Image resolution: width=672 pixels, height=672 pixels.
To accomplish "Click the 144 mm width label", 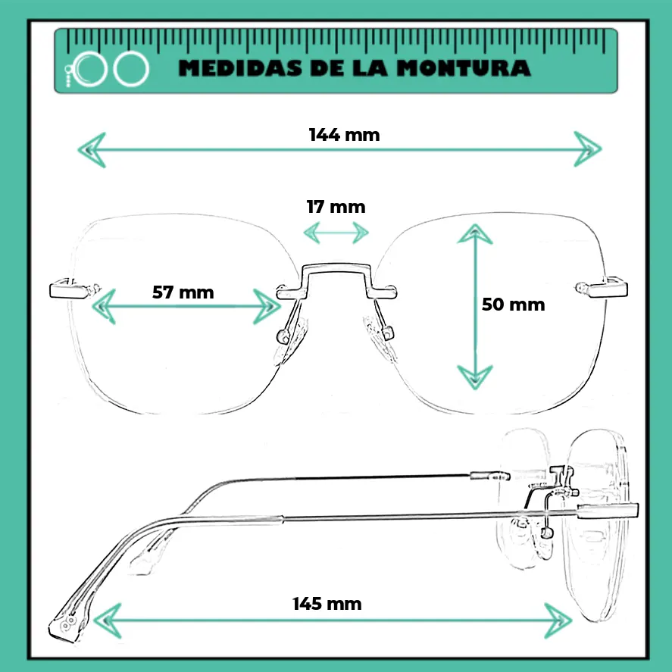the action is point(344,135).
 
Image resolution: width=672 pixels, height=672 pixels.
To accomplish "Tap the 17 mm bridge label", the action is point(336,207).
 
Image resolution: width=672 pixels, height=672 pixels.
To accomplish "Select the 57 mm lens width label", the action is point(183,292).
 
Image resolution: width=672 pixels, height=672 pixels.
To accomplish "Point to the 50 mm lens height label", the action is point(514,305).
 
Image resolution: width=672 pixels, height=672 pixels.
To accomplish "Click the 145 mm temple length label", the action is point(327,604).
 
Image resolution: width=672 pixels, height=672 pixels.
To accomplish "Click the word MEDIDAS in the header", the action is point(239,68).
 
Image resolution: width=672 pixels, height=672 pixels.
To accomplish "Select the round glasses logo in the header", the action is point(107,69).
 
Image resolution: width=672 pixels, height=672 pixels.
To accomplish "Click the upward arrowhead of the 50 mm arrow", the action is point(475,234).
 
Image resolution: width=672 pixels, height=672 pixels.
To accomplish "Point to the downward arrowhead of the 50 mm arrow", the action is point(475,377).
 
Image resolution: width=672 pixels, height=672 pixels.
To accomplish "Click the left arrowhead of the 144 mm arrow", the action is point(92,150).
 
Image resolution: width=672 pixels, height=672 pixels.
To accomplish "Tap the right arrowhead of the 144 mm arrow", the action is point(588,149).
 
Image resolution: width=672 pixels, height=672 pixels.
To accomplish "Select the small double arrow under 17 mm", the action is point(336,233).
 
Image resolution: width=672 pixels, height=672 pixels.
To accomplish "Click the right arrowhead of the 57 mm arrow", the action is point(267,306).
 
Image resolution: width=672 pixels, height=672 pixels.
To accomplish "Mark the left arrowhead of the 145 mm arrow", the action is point(107,621).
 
